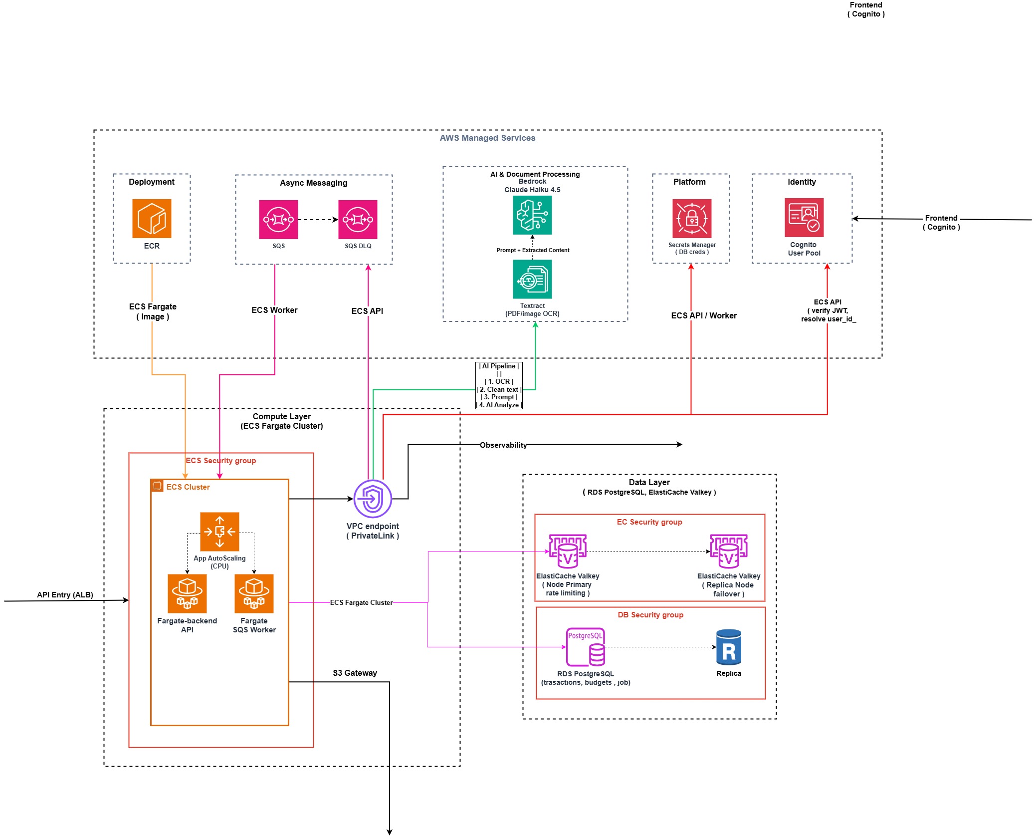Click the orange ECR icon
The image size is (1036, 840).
tap(152, 219)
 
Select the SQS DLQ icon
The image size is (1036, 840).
tap(358, 220)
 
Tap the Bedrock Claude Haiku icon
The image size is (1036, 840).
tap(532, 215)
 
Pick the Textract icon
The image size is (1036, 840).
tap(532, 279)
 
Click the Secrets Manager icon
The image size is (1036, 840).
tap(692, 219)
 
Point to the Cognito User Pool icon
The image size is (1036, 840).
tap(804, 218)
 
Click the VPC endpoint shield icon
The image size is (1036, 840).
tap(373, 499)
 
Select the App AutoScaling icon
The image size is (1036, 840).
tap(219, 532)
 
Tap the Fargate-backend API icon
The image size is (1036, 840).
tap(187, 593)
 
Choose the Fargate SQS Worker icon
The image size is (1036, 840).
tap(254, 593)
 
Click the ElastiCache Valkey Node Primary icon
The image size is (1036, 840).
tap(568, 552)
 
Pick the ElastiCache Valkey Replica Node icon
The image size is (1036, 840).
tap(729, 552)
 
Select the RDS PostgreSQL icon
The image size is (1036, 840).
tap(586, 647)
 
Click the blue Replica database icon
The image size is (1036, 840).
tap(729, 647)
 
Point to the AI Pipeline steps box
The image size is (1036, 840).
tap(499, 385)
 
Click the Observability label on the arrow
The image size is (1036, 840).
tap(503, 445)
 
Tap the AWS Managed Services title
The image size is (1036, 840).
tap(487, 138)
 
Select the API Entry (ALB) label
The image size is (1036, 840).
tap(65, 594)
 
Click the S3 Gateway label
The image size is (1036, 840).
tap(355, 673)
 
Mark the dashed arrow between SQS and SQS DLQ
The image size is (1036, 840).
tap(318, 220)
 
